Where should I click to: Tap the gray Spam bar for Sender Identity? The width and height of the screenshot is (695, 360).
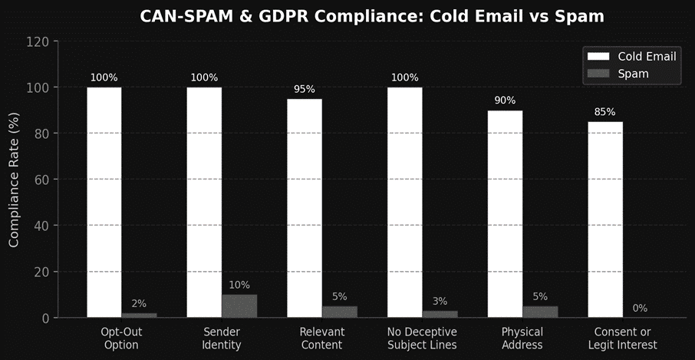tap(239, 306)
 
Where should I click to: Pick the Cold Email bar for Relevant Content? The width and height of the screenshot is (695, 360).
tap(305, 207)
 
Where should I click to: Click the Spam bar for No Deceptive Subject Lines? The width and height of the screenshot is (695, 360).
tap(440, 313)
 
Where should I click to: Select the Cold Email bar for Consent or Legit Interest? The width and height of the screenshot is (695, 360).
tap(605, 219)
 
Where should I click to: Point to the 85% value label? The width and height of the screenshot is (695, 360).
tap(605, 112)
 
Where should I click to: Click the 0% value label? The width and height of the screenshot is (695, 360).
tap(640, 309)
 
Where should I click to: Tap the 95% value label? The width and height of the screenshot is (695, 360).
tap(305, 89)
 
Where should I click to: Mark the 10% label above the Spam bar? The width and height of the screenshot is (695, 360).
tap(239, 286)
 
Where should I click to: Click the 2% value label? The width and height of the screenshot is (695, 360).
tap(139, 304)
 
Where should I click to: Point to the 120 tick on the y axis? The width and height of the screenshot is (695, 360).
tap(38, 41)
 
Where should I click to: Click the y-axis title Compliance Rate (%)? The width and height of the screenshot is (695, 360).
tap(15, 179)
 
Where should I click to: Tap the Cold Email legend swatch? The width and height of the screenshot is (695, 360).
tap(598, 56)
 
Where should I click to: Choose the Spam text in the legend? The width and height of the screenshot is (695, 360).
tap(633, 74)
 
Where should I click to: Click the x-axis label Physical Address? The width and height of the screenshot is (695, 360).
tap(522, 339)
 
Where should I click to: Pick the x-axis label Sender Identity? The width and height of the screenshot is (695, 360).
tap(222, 339)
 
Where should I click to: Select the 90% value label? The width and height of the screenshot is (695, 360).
tap(505, 101)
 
